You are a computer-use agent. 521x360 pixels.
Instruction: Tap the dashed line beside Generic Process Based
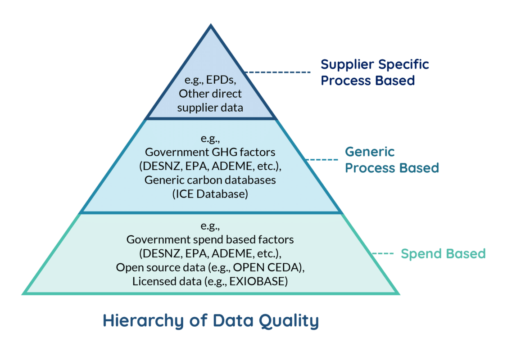click(323, 160)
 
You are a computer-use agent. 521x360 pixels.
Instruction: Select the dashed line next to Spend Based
click(382, 254)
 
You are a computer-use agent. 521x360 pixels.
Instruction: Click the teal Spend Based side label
click(443, 254)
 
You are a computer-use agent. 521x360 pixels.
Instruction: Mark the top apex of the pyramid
click(210, 26)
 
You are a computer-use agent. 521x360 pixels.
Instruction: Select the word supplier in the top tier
click(195, 108)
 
